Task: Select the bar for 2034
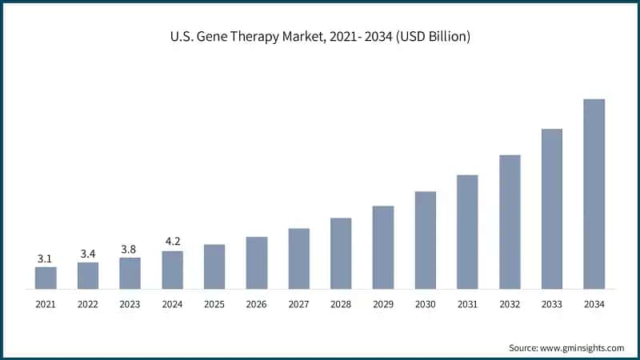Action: coord(594,193)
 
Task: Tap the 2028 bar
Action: coord(341,252)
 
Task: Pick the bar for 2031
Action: coord(467,231)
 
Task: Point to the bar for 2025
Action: coord(214,266)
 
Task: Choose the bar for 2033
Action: coord(552,208)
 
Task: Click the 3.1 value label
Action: coord(46,258)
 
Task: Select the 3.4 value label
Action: coord(88,254)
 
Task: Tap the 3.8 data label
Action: coord(130,249)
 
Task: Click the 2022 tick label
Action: coord(88,305)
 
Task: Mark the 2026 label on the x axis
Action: coord(257,305)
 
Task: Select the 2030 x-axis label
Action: coord(425,305)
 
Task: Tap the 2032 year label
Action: coord(510,305)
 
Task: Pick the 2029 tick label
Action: coord(383,305)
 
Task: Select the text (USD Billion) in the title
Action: coord(432,36)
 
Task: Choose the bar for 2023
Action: coord(130,273)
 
